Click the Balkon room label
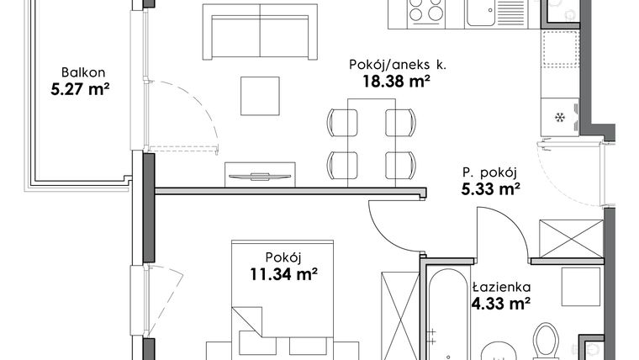(81, 71)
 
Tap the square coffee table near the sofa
(260, 95)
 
